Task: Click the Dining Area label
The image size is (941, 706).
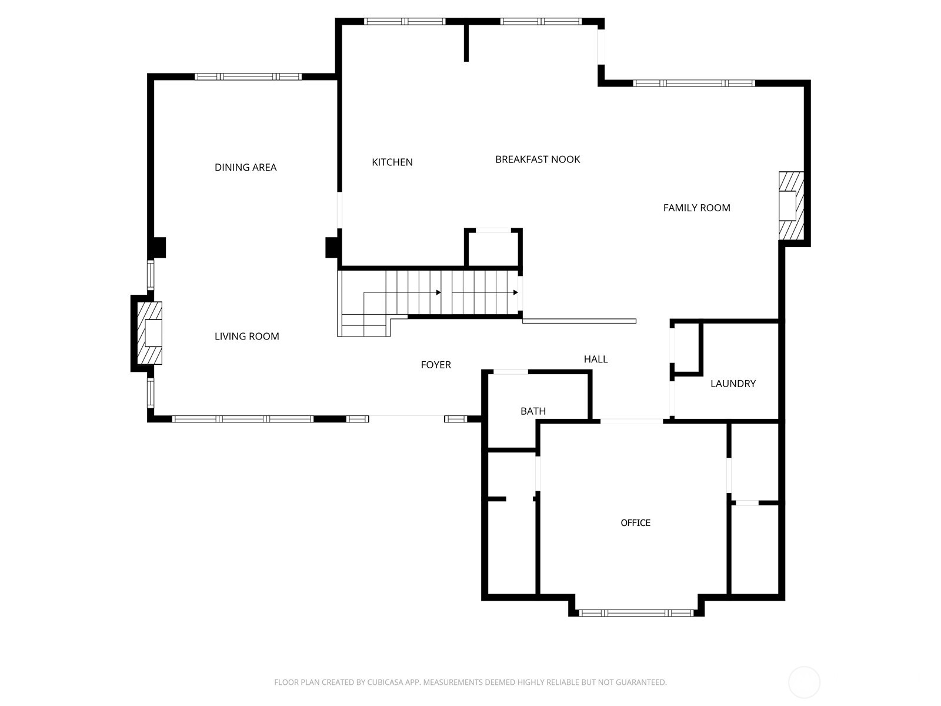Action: (245, 167)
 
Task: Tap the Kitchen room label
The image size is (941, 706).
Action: (392, 162)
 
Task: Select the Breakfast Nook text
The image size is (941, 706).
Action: (537, 159)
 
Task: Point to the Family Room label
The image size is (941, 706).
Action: (696, 208)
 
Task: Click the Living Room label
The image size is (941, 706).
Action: (246, 336)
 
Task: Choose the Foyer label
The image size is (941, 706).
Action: (436, 365)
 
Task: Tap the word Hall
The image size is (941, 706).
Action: (595, 359)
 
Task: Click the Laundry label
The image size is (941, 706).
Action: (733, 384)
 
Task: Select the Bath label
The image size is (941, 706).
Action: (533, 411)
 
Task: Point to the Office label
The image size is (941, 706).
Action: (635, 522)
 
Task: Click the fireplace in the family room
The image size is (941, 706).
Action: (791, 206)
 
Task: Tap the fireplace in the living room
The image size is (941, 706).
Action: (149, 333)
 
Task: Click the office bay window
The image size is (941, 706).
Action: (636, 613)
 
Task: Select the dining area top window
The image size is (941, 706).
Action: (248, 76)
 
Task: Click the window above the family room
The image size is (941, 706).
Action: (693, 83)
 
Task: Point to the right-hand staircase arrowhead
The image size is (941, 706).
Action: (515, 293)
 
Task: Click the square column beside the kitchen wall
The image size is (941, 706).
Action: (332, 248)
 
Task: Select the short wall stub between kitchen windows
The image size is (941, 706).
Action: (466, 42)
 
